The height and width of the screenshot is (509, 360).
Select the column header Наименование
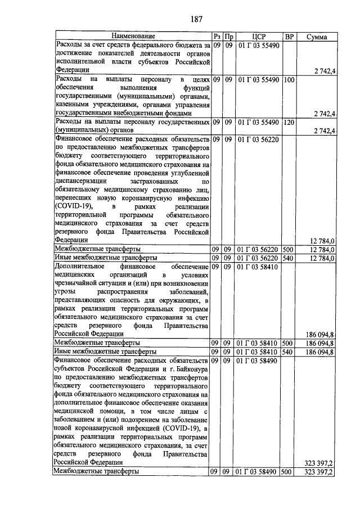pos(133,37)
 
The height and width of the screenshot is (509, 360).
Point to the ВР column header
pos(290,37)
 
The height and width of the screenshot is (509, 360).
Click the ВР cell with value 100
pos(289,80)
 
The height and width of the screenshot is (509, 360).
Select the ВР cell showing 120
pos(289,121)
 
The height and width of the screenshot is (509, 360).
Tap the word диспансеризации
pos(82,181)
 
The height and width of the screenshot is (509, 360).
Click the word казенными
pos(71,105)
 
